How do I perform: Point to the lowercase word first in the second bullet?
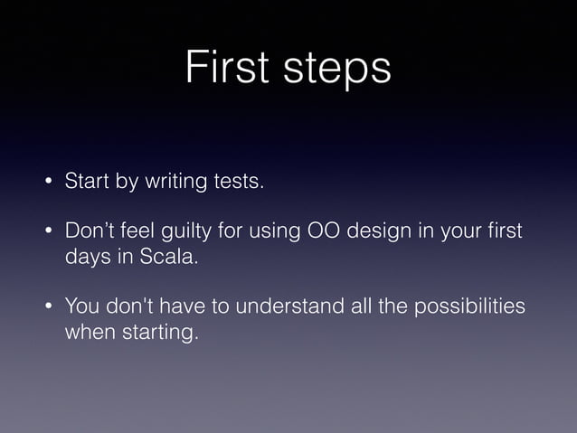pos(505,232)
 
